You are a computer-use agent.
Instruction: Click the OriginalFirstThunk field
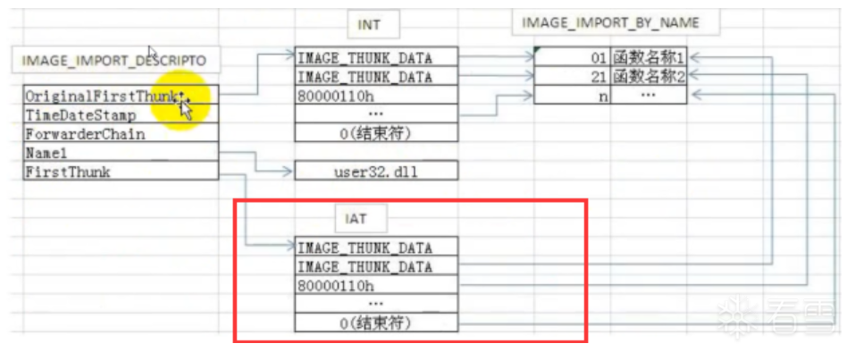[121, 95]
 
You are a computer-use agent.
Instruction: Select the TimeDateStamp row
[121, 114]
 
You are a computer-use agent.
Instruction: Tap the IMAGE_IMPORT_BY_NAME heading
[615, 22]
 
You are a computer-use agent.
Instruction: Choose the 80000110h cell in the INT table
[376, 95]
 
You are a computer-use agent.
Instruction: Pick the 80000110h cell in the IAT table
[376, 285]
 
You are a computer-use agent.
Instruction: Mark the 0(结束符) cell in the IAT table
[376, 322]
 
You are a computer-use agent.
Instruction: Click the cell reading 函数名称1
[649, 57]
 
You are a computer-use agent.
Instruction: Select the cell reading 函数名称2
[649, 76]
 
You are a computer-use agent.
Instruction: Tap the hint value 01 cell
[573, 57]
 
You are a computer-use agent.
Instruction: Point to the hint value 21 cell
[573, 76]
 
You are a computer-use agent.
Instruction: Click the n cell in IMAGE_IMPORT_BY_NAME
[573, 95]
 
